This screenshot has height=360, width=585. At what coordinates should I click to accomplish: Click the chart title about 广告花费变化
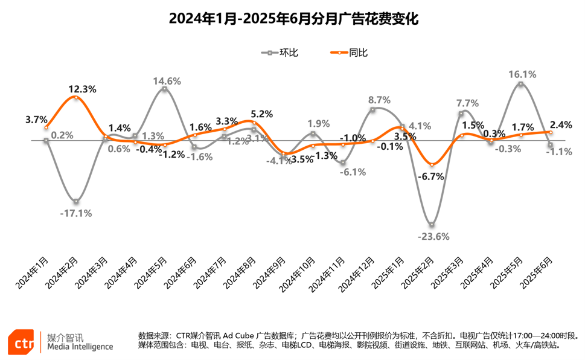coord(293,19)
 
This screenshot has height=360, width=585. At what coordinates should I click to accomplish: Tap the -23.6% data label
coord(433,236)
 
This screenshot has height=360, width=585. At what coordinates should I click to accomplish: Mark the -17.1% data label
coord(75,213)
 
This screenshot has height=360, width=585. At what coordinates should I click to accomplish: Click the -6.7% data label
coord(432,177)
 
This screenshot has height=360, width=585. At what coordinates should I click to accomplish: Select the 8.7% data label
coord(379,100)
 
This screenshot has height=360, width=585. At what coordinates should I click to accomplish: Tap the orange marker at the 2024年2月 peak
coord(75,97)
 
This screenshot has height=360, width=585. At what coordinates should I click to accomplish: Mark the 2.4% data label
coord(561,125)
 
